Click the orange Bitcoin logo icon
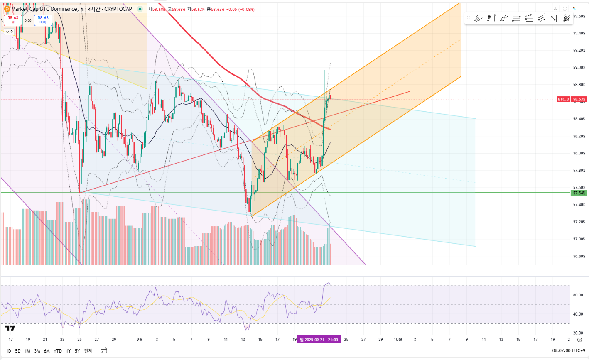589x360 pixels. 7,9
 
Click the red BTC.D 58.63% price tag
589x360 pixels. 572,99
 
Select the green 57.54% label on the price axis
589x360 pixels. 579,193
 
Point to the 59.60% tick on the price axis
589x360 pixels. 579,16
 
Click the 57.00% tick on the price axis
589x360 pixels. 579,239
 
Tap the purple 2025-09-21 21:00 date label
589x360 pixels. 319,340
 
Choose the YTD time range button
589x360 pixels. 58,351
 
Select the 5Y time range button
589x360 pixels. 77,351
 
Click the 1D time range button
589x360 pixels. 8,351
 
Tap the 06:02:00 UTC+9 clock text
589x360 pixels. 569,351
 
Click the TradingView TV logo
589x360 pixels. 10,328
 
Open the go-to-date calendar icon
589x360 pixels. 104,350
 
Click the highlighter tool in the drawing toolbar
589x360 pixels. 478,18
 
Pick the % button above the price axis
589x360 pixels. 574,9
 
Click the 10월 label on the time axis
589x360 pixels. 398,340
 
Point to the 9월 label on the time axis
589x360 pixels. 140,340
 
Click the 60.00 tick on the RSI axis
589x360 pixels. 578,295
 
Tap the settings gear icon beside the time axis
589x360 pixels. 579,340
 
